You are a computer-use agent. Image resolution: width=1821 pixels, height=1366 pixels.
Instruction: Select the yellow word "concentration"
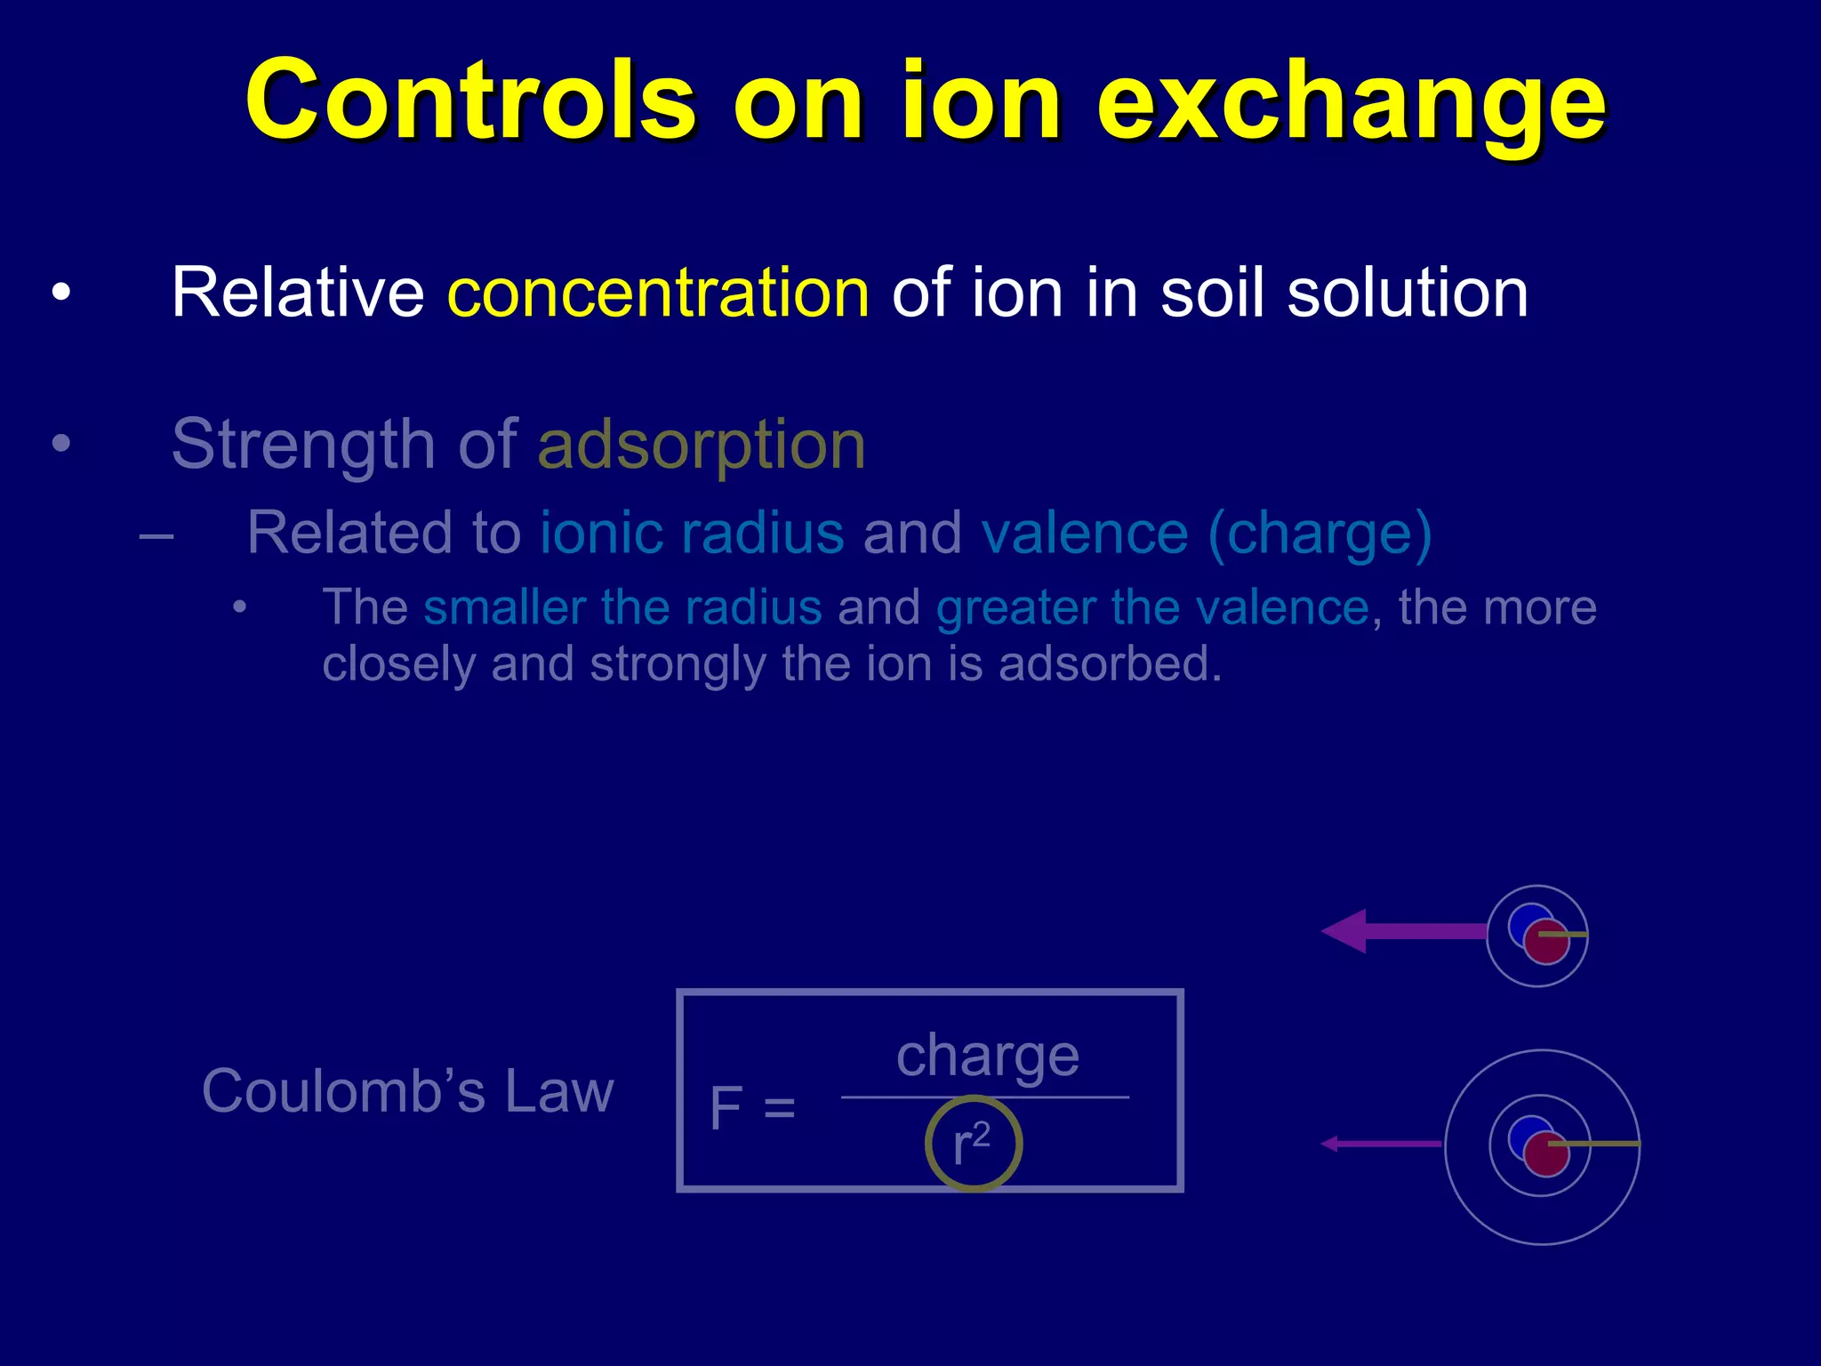pyautogui.click(x=658, y=293)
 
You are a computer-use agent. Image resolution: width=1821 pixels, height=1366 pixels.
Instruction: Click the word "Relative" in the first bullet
pyautogui.click(x=298, y=293)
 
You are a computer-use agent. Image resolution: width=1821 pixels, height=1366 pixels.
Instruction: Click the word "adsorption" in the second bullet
pyautogui.click(x=702, y=444)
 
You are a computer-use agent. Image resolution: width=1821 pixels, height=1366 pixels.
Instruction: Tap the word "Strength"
pyautogui.click(x=303, y=444)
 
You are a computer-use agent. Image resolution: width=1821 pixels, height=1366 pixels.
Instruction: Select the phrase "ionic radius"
pyautogui.click(x=692, y=533)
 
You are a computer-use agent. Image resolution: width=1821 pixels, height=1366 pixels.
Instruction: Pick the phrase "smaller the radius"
pyautogui.click(x=622, y=607)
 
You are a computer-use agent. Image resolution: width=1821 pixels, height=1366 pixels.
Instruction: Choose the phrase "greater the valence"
pyautogui.click(x=1152, y=608)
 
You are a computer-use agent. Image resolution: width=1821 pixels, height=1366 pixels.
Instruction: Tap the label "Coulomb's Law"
pyautogui.click(x=407, y=1091)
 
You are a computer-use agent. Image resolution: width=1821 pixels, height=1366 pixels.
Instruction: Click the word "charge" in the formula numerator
pyautogui.click(x=987, y=1057)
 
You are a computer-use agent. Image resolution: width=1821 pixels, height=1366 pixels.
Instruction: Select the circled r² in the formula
pyautogui.click(x=973, y=1144)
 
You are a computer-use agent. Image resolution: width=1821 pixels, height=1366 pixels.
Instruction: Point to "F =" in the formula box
pyautogui.click(x=751, y=1108)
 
